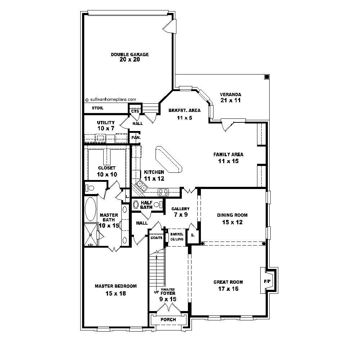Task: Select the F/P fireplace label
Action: [x=267, y=280]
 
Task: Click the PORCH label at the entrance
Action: [x=168, y=320]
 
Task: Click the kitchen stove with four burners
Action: [x=163, y=192]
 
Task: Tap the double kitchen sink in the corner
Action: [x=141, y=186]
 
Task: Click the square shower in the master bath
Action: [x=90, y=234]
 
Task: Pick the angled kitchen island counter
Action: [x=168, y=160]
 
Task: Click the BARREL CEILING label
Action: [x=177, y=237]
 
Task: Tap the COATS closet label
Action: [x=157, y=238]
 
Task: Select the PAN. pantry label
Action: [x=136, y=138]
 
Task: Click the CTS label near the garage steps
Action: [x=135, y=111]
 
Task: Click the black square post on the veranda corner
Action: [x=266, y=77]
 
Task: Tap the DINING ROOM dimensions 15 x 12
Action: [x=232, y=222]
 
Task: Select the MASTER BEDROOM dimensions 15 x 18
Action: [x=116, y=293]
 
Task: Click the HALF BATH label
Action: [x=147, y=205]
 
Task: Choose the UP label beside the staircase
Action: [x=156, y=292]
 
